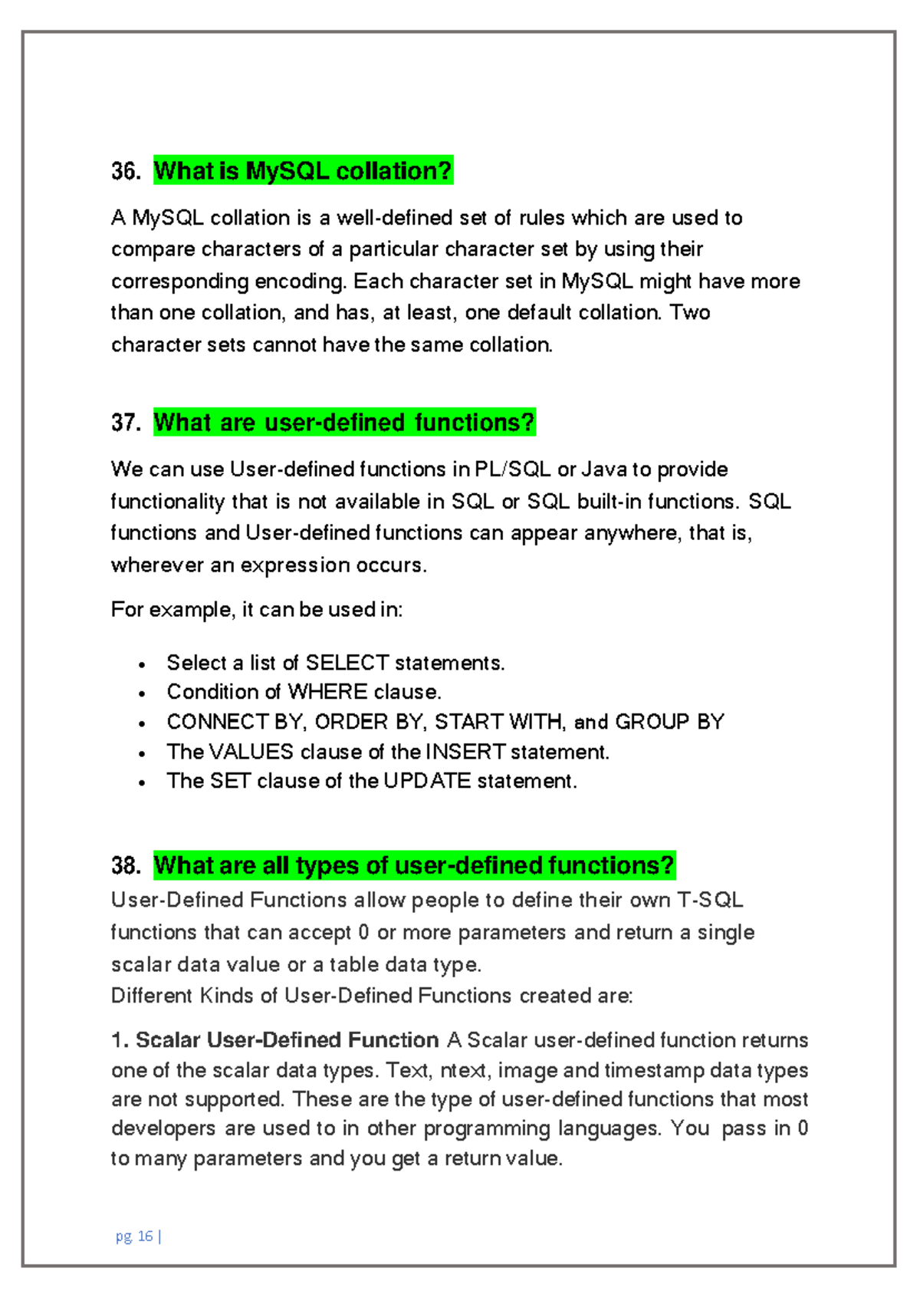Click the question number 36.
(125, 171)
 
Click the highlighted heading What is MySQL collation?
(303, 170)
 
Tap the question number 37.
(125, 423)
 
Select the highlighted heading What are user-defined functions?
(344, 423)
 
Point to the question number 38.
(125, 866)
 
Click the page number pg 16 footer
(138, 1236)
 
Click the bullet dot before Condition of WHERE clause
(142, 693)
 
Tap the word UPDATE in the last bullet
(427, 782)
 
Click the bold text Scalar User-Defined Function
(287, 1040)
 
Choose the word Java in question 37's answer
(604, 469)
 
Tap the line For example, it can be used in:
(257, 610)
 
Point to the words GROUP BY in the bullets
(669, 723)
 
